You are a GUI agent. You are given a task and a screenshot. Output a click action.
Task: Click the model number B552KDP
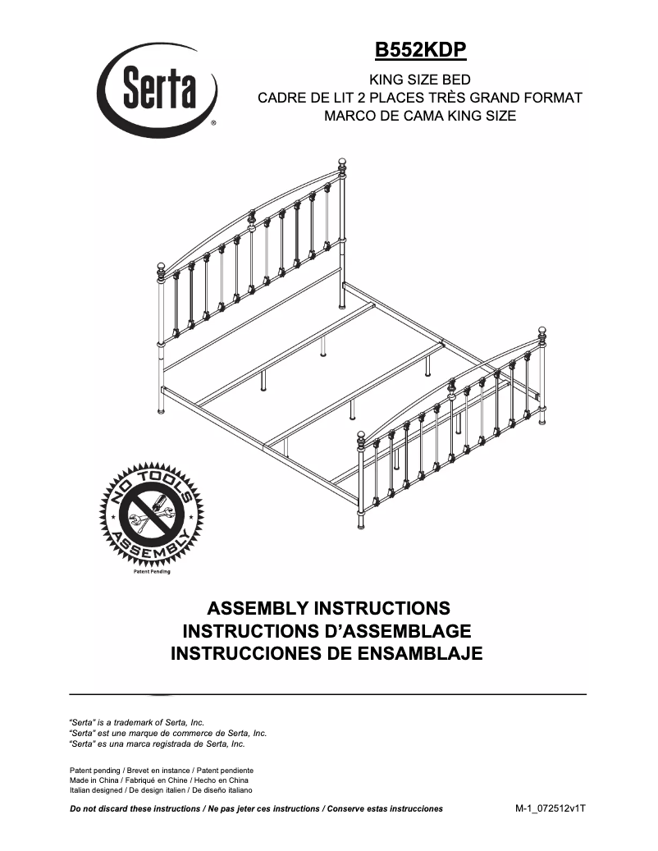click(420, 51)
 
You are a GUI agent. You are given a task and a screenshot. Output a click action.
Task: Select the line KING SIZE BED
click(420, 80)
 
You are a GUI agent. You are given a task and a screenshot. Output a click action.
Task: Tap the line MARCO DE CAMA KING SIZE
click(420, 116)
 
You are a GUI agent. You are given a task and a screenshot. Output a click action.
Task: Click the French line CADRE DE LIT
click(420, 98)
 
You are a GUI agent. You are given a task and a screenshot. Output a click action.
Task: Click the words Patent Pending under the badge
click(152, 572)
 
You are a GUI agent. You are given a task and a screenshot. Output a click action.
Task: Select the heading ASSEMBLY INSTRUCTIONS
click(328, 609)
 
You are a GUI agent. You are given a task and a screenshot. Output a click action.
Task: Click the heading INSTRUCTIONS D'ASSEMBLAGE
click(327, 631)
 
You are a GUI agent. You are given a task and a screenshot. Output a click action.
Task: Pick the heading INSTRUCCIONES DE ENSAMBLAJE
click(327, 654)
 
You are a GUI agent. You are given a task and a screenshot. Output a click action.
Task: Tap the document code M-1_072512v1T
click(551, 808)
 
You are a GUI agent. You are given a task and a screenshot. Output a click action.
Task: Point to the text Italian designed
click(97, 790)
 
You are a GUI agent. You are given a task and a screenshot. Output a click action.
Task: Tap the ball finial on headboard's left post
click(162, 267)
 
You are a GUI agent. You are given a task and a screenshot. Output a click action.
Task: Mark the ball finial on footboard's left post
click(361, 437)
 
